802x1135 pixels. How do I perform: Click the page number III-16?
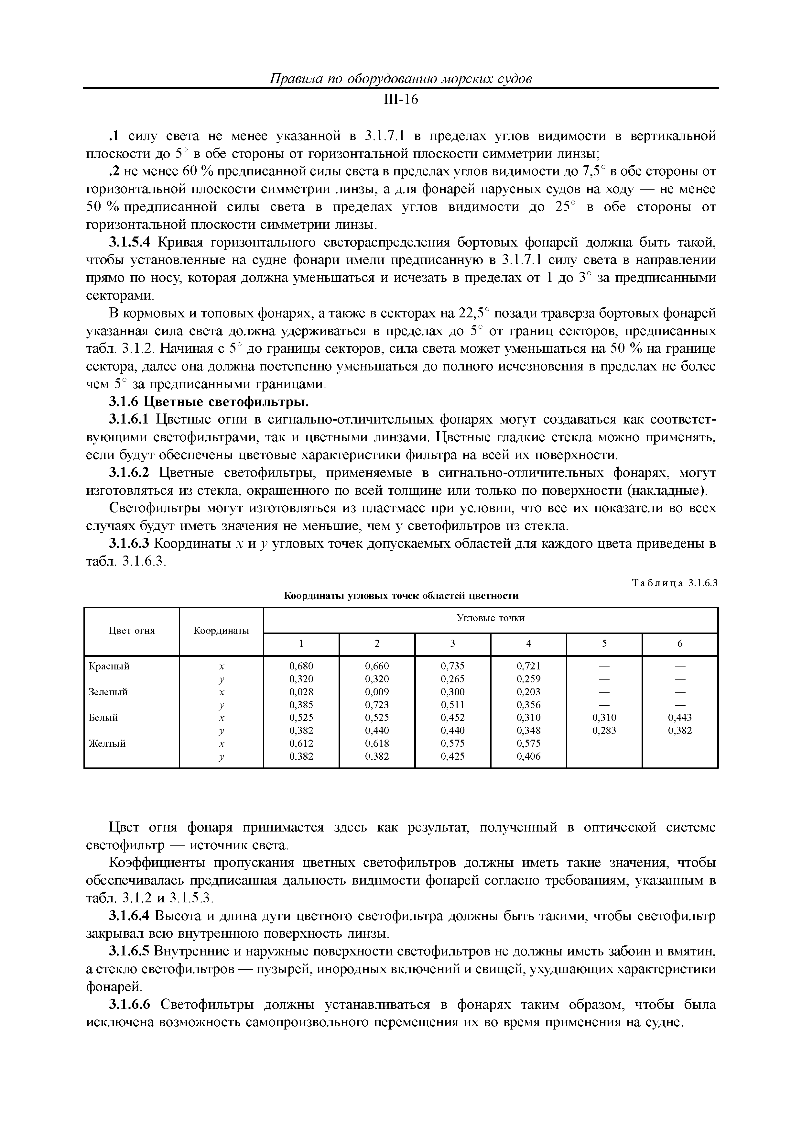(x=401, y=100)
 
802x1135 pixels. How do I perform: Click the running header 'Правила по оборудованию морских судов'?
(x=401, y=79)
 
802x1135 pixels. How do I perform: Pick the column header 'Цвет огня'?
(x=131, y=631)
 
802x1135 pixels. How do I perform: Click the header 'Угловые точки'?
(x=490, y=618)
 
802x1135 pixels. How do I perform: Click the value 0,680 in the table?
(x=301, y=667)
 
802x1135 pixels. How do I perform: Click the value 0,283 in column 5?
(x=604, y=731)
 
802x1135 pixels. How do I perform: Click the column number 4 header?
(x=528, y=644)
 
